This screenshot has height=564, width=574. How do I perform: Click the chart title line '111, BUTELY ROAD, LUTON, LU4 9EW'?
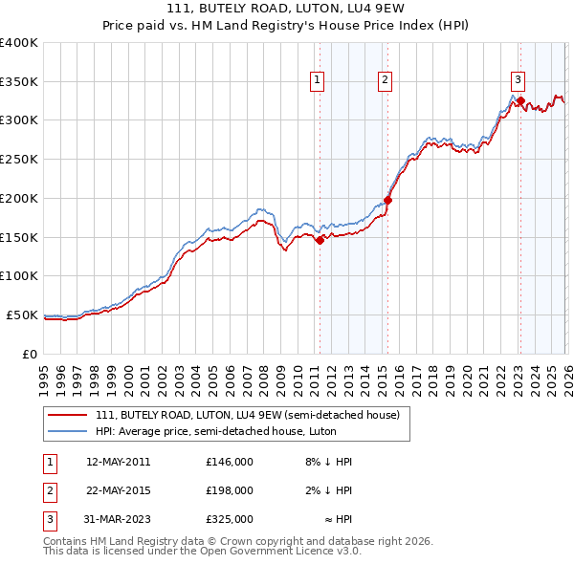tap(286, 9)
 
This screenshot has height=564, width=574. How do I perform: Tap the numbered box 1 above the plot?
tap(317, 80)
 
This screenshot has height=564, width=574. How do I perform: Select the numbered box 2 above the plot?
tap(385, 80)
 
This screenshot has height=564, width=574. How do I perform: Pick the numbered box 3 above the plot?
tap(518, 80)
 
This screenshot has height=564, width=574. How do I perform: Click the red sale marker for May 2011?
tap(320, 241)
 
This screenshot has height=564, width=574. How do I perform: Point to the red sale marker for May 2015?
tap(387, 201)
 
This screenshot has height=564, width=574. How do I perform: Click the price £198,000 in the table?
tap(229, 490)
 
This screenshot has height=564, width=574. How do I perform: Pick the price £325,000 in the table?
tap(229, 519)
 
